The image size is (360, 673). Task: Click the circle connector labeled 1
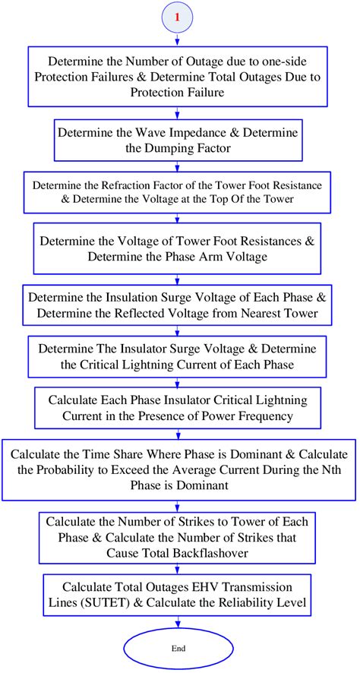[177, 17]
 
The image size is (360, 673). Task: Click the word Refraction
[114, 186]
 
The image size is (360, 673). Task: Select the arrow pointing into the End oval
[177, 623]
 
